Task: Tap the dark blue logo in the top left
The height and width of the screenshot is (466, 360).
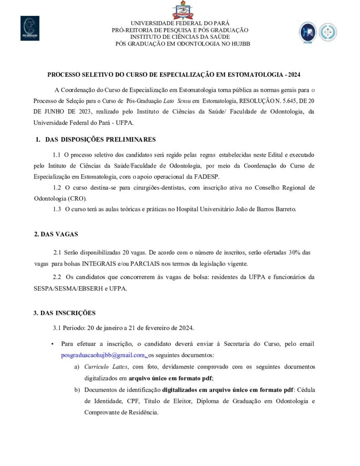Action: click(30, 28)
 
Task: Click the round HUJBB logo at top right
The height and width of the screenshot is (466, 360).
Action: click(307, 32)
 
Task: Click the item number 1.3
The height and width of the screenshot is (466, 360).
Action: click(57, 209)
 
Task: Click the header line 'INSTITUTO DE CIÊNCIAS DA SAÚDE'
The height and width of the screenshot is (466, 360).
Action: click(180, 37)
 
